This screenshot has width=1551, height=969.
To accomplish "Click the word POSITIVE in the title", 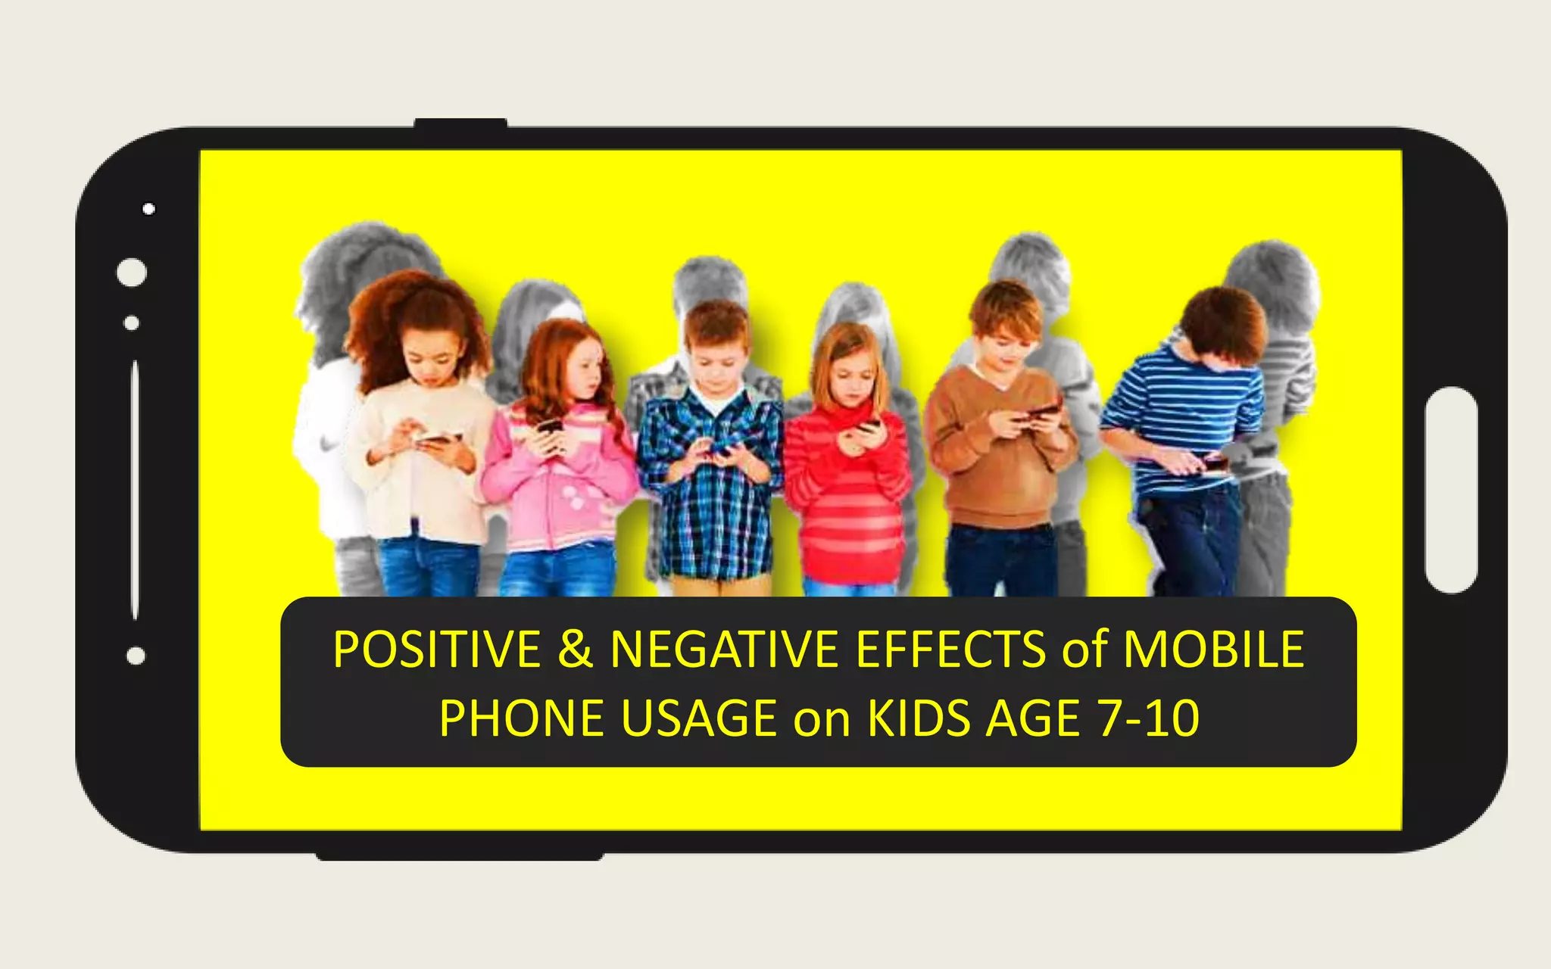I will coord(436,650).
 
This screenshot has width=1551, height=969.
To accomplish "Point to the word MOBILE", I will coord(1213,650).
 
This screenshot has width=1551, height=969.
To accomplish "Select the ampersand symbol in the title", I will coord(576,650).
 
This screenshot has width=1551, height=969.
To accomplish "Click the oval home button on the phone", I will coord(1450,490).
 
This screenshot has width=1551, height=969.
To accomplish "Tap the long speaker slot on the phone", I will coord(135,490).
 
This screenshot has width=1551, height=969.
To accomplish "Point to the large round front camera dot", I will coord(132,273).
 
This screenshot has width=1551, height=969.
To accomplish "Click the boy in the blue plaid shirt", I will coord(710,454).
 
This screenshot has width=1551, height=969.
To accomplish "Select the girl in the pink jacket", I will coord(559,462).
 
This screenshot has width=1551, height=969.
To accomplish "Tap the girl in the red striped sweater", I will coord(848,469).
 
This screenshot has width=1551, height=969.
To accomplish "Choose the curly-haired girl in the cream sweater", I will coord(420,447).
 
